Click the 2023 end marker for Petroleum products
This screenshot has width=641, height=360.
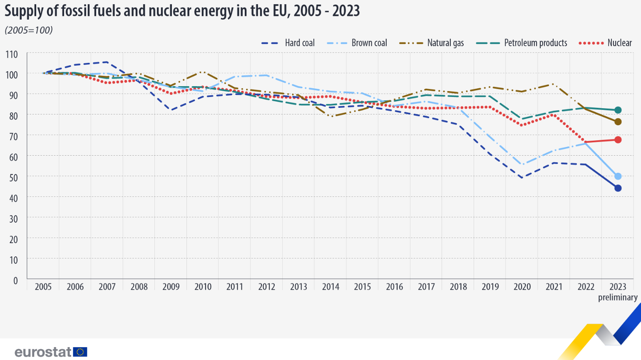618,110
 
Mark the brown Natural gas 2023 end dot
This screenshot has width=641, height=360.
618,122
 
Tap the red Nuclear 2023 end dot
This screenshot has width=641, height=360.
618,140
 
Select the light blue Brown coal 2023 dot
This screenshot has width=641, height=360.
618,176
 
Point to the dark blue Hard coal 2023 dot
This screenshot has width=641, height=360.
618,188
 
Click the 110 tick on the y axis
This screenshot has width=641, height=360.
12,54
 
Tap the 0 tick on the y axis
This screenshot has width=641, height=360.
15,281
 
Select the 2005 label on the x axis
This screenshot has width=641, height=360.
43,287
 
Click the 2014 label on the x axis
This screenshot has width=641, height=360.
330,287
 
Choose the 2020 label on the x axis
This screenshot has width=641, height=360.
522,287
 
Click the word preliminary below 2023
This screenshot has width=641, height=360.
618,297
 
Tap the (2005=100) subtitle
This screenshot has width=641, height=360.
29,30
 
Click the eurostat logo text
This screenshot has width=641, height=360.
43,352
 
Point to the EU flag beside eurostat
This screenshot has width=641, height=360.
80,352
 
